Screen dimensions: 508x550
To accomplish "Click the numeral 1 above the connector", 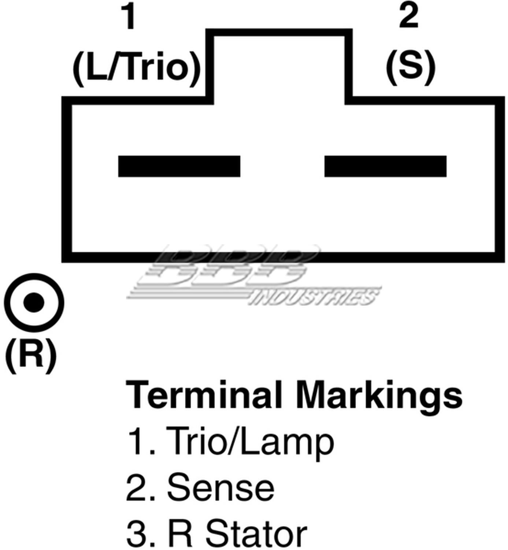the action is tap(129, 17).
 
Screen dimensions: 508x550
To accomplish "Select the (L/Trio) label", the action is tap(136, 69).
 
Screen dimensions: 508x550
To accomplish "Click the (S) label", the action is tap(410, 67).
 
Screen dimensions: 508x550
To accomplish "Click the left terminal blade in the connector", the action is tap(179, 166).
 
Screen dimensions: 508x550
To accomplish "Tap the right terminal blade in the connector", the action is tap(385, 166).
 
